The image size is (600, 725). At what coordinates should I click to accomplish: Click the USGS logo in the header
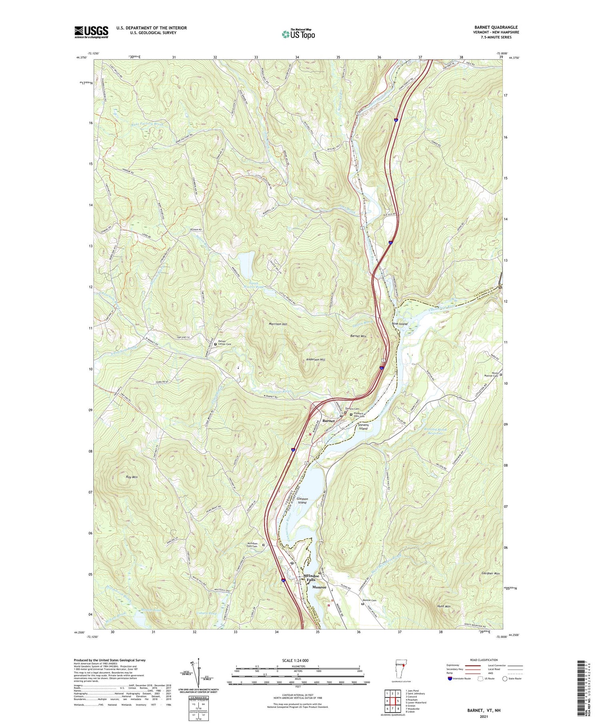[x=91, y=32]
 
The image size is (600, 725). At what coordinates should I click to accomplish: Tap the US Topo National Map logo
[x=298, y=34]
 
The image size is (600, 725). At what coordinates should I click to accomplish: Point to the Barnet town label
[x=328, y=421]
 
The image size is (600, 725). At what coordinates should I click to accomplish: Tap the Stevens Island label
[x=363, y=426]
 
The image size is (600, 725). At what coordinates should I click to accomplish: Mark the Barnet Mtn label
[x=358, y=336]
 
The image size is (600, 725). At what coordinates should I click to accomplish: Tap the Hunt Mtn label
[x=444, y=606]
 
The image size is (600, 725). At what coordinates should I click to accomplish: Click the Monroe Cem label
[x=370, y=600]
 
